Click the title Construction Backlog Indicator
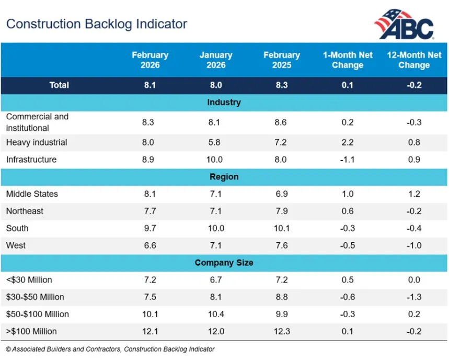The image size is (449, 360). (x=96, y=24)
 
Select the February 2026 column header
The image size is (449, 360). (x=150, y=60)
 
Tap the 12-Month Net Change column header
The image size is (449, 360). (x=413, y=60)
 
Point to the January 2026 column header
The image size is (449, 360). (x=216, y=60)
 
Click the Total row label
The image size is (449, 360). (x=59, y=85)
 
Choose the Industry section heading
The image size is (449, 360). (x=224, y=102)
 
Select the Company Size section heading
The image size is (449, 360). (x=224, y=263)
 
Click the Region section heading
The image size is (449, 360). (x=224, y=177)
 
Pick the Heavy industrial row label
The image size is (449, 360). (x=37, y=142)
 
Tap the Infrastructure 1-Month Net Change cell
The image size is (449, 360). (x=347, y=160)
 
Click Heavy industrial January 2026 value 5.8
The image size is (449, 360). (x=216, y=142)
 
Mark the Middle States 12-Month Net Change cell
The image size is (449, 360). (x=413, y=194)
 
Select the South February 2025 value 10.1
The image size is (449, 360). (x=281, y=228)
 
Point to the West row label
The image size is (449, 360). (x=16, y=245)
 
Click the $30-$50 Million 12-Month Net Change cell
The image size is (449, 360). (x=413, y=297)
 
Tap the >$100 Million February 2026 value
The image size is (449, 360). (x=150, y=332)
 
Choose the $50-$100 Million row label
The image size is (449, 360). (x=37, y=314)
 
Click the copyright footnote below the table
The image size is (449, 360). (x=110, y=349)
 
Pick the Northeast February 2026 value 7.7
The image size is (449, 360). (x=150, y=211)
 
